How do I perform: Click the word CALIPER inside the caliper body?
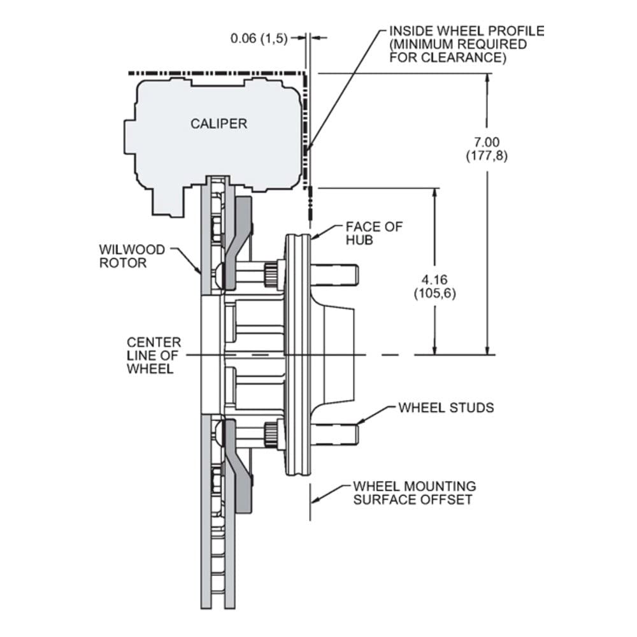coord(218,124)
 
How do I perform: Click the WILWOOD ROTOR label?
coord(132,256)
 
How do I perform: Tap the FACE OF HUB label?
coord(374,233)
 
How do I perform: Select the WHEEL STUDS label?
coord(446,408)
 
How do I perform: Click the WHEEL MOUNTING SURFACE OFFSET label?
coord(415,492)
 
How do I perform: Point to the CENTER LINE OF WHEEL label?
coord(154,355)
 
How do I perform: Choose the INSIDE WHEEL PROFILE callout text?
coord(467,44)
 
